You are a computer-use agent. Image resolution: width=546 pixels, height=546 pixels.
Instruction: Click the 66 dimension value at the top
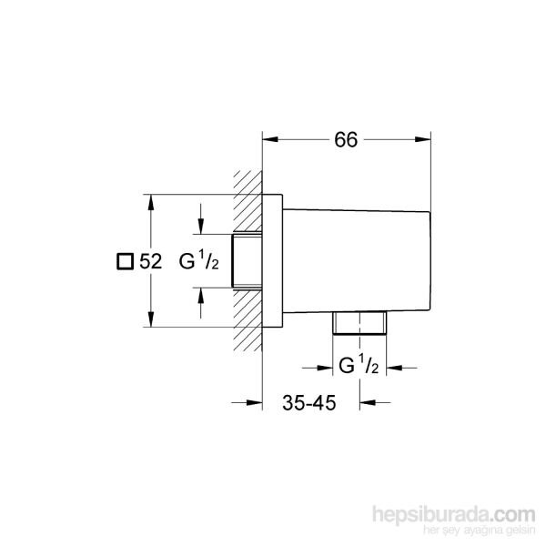[x=345, y=139]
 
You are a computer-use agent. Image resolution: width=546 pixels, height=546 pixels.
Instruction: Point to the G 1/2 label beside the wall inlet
[x=198, y=261]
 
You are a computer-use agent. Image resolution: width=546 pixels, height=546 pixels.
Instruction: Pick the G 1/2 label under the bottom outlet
[x=358, y=366]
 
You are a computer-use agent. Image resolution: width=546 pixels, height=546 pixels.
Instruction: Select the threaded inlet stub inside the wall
[x=245, y=260]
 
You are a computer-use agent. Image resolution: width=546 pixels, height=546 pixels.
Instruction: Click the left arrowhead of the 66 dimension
[x=269, y=139]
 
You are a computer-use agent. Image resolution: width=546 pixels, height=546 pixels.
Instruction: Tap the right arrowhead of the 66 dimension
[x=424, y=139]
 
